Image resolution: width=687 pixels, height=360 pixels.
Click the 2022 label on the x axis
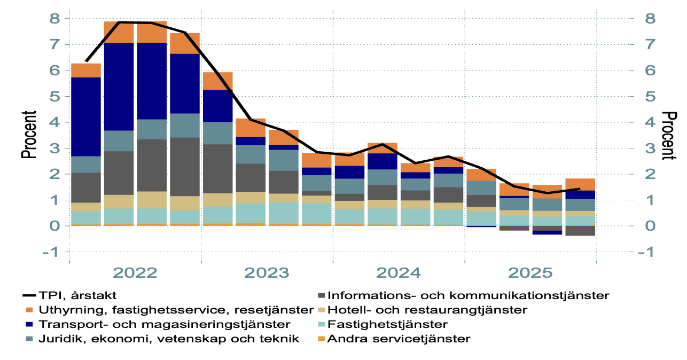[x=135, y=273]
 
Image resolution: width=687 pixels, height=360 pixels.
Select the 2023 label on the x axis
[x=267, y=273]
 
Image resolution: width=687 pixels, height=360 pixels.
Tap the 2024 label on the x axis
[x=399, y=273]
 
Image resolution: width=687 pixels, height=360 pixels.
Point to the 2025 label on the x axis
[x=530, y=273]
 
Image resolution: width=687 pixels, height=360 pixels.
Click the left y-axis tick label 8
[x=56, y=19]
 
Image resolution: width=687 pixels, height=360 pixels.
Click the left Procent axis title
[x=29, y=135]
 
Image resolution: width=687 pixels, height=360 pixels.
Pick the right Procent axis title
[x=669, y=135]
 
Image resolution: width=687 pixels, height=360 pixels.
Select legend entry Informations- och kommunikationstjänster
[x=468, y=295]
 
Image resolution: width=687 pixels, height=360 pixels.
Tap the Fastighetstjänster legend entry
[x=388, y=324]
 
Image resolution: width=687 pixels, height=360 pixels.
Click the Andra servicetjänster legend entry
[x=399, y=339]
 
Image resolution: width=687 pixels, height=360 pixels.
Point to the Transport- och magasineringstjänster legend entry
[x=165, y=324]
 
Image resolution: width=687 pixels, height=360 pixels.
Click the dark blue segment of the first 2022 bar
[x=86, y=116]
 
